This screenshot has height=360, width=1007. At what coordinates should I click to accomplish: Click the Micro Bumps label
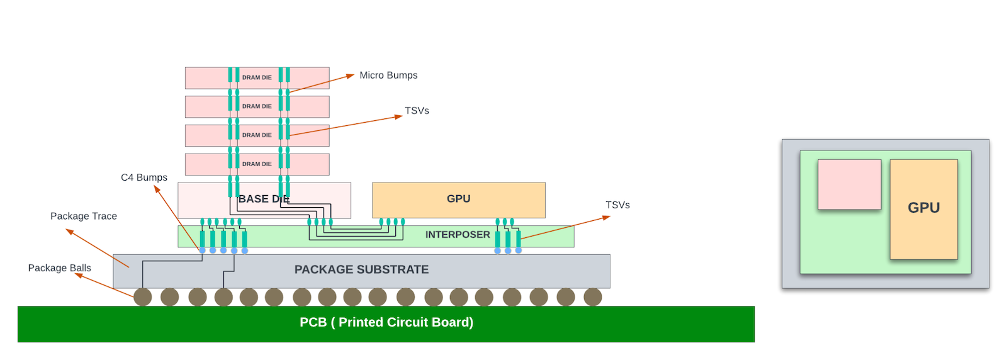point(388,76)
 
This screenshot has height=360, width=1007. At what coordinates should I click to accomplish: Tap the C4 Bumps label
point(144,177)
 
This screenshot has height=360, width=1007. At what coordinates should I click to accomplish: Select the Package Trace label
point(84,216)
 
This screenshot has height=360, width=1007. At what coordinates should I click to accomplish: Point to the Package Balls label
point(59,268)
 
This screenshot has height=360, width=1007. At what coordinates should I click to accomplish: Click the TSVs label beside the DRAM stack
point(417,111)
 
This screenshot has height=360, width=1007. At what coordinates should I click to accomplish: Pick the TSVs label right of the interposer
point(617,205)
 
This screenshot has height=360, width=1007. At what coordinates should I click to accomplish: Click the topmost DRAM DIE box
point(257,78)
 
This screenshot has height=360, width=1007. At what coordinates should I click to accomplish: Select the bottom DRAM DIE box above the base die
point(257,164)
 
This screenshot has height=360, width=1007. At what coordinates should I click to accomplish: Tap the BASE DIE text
point(264,199)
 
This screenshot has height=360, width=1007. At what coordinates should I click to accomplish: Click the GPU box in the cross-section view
point(459,200)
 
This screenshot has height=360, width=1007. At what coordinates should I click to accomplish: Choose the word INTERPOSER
point(458,235)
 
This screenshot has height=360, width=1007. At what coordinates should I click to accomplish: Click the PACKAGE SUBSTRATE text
point(361,269)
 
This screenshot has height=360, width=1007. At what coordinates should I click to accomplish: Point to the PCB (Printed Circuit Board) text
point(386,322)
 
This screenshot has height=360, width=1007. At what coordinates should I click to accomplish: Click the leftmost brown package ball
point(142,297)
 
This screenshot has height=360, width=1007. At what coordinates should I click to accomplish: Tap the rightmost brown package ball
point(592,297)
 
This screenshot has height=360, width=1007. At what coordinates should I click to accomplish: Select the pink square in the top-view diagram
point(849,184)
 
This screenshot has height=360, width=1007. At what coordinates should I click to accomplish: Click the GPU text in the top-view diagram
point(924,208)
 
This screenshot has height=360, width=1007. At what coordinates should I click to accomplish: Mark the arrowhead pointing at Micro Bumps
point(350,76)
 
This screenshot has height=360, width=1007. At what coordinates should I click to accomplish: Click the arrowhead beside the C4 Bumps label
point(157,189)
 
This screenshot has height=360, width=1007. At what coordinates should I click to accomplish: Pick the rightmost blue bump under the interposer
point(519,250)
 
